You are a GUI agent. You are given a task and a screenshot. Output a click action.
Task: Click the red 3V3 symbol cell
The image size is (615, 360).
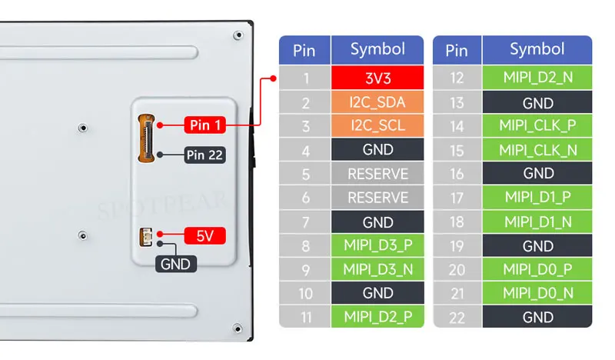(377, 78)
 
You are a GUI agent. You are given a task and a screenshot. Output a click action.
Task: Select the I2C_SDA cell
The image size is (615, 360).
(377, 102)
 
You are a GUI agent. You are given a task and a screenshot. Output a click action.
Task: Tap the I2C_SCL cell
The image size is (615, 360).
(377, 125)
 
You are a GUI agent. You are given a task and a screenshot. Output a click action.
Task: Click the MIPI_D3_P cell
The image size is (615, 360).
(377, 245)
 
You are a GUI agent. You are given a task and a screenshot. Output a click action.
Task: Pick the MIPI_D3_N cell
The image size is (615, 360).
(377, 269)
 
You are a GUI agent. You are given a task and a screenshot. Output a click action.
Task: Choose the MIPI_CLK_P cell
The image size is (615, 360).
(537, 125)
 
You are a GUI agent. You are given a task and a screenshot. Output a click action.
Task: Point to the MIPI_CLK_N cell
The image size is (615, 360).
(537, 149)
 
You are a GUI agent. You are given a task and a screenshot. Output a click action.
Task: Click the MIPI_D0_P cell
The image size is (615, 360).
(537, 269)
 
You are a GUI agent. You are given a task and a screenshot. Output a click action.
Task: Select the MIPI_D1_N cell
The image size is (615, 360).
(537, 222)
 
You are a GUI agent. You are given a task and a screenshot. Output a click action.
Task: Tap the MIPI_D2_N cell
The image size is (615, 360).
(537, 78)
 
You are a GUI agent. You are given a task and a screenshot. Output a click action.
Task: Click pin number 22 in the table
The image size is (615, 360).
(457, 317)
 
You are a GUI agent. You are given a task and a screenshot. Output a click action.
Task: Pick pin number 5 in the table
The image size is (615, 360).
(305, 174)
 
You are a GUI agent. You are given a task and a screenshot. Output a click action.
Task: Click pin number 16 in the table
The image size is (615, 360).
(457, 174)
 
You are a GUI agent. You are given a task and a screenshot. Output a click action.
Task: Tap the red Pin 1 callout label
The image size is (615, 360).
(204, 125)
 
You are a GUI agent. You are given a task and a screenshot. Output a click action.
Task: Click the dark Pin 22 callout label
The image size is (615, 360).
(204, 155)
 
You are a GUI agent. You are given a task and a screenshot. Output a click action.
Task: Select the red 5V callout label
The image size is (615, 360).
(204, 236)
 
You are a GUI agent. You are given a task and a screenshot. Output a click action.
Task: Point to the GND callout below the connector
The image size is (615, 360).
(176, 264)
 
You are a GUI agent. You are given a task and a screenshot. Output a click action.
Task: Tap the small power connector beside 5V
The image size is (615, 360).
(145, 237)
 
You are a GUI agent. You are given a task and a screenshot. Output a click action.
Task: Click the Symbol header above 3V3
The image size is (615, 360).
(377, 50)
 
